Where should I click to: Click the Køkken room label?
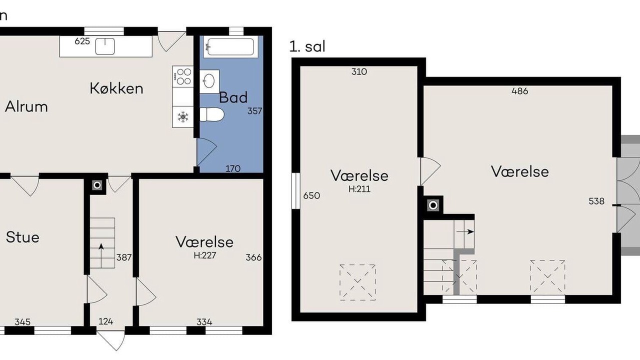116,88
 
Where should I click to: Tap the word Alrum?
26,107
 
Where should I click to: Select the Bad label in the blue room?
233,97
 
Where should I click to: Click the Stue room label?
22,237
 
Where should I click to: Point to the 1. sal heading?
307,46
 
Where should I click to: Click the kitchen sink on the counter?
105,46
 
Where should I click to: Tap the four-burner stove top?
183,76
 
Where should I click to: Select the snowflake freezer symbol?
183,117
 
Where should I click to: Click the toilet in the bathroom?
211,114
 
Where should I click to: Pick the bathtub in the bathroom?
230,47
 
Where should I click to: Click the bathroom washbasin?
209,81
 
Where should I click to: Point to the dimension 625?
82,41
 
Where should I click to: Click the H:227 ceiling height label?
205,255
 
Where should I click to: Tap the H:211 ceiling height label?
359,189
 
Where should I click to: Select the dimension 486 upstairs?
519,91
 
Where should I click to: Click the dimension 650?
311,195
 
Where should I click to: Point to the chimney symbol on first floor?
433,205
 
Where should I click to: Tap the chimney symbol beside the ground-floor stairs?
97,185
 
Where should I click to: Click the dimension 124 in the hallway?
105,321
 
